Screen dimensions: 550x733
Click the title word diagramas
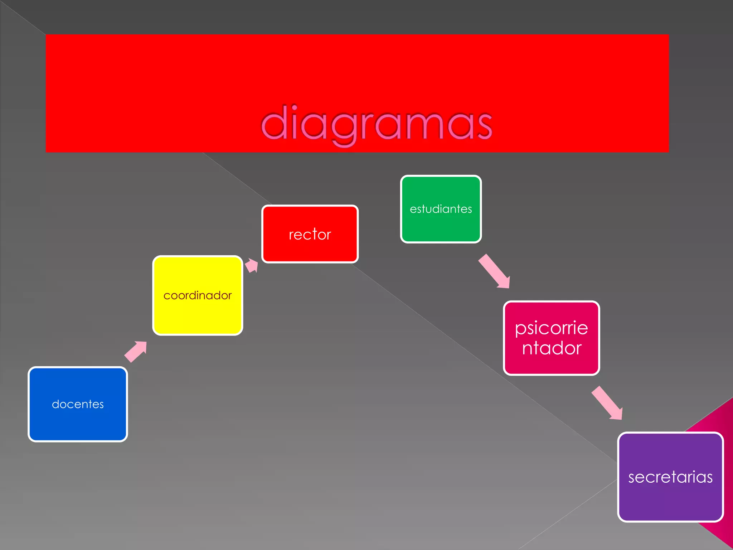click(377, 124)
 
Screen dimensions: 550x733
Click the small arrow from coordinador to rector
click(252, 266)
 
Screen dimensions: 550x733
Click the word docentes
click(78, 404)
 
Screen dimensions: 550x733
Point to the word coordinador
click(198, 295)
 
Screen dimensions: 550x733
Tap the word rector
click(310, 235)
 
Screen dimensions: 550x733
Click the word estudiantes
click(441, 209)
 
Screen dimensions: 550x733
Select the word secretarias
click(670, 477)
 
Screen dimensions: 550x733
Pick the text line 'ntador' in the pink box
click(552, 348)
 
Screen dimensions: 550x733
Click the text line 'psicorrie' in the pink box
click(551, 328)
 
